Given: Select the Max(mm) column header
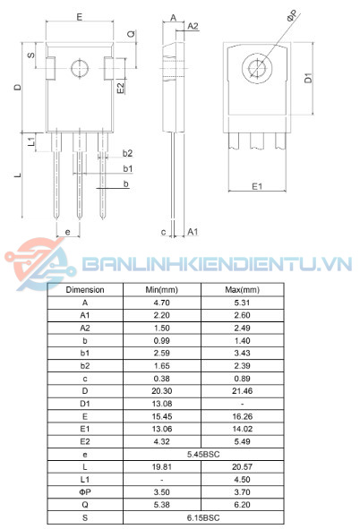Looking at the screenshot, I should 242,290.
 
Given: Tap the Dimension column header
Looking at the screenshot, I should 85,290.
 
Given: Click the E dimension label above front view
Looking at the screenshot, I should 79,17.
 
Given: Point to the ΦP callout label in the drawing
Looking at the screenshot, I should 292,17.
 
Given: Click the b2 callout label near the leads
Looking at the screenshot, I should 127,153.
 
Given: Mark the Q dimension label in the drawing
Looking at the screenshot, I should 131,34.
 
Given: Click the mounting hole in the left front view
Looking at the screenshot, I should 80,68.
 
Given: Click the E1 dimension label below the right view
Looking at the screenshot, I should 256,185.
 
